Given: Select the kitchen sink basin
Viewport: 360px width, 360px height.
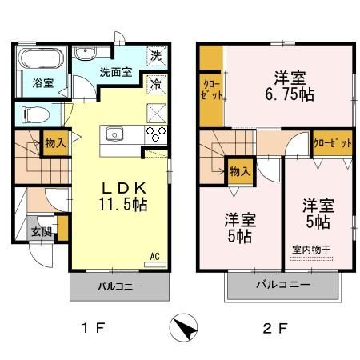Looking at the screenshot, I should point(112,133).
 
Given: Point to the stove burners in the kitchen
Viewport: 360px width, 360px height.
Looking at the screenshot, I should point(156,133).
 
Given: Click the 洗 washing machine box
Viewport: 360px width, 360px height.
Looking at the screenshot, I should point(157,57).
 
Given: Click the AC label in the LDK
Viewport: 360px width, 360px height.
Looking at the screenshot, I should point(156,257).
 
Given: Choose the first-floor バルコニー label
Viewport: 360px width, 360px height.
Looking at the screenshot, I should point(120,286).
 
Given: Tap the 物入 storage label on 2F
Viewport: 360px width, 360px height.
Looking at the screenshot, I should point(240,170).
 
